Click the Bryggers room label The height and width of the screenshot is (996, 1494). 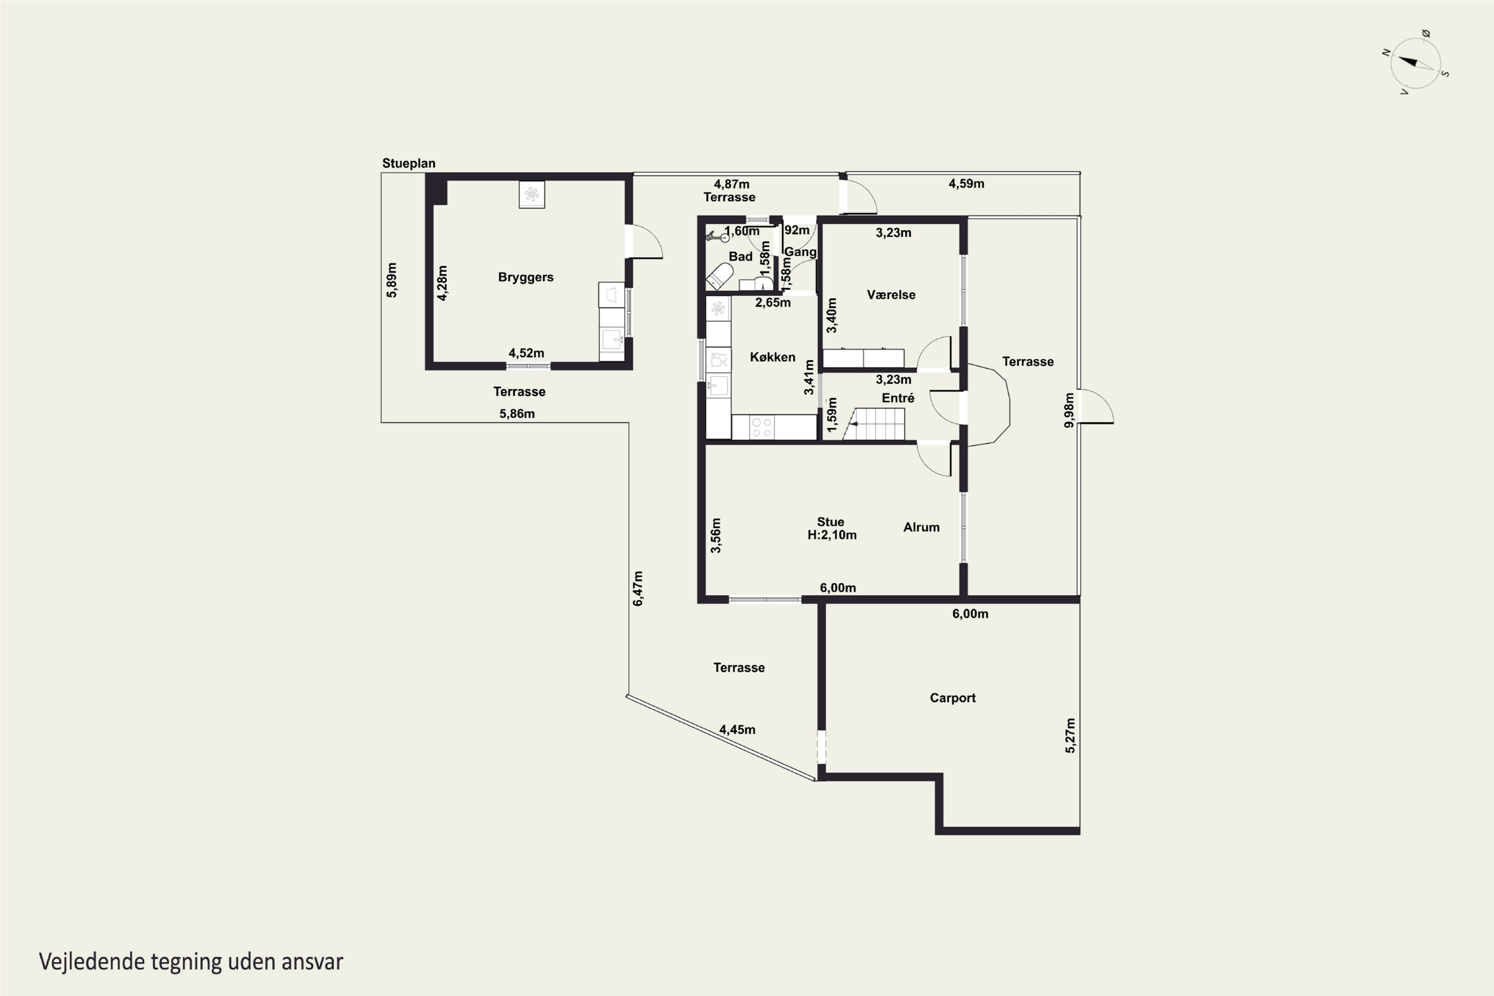coord(525,277)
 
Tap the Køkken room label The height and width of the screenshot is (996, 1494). coord(772,357)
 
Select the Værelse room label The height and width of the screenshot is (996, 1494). coord(891,295)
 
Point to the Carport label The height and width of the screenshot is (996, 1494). coord(952,698)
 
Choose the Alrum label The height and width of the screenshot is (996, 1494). coord(921,527)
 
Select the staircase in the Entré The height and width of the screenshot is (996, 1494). coord(874,424)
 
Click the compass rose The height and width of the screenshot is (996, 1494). coord(1415,62)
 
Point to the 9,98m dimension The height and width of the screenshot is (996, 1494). coord(1069,410)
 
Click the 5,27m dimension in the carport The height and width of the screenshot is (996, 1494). coord(1070,736)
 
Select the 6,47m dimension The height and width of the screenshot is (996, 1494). coord(638,589)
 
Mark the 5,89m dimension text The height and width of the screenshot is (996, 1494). coord(392,280)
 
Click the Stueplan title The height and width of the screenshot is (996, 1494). coord(408,163)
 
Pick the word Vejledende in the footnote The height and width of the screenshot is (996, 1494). coord(92,962)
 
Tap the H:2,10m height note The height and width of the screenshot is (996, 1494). coord(832,535)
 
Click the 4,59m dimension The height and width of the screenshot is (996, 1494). coord(966,184)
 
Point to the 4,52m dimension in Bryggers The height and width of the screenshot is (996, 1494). coord(526,353)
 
